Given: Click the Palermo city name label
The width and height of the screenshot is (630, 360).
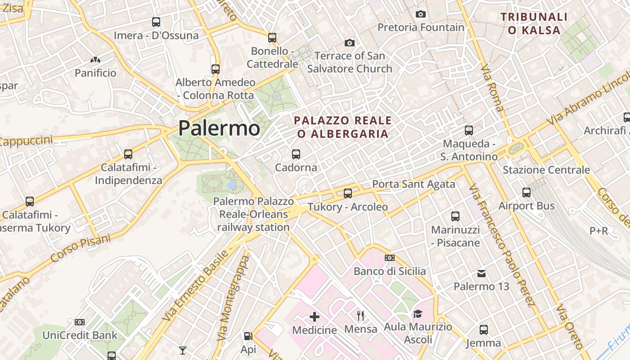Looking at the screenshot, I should (219, 128).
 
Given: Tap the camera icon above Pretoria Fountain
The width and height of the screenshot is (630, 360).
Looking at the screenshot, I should (421, 14).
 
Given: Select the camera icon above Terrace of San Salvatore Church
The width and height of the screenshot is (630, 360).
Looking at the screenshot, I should (350, 43).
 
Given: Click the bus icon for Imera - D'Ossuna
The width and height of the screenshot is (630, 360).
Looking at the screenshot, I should (156, 22).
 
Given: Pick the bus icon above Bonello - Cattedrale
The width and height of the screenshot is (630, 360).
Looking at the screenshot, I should (272, 38).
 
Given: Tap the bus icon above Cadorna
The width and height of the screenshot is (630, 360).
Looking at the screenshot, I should (296, 154).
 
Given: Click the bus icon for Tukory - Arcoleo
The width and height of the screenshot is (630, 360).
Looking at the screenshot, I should (348, 193).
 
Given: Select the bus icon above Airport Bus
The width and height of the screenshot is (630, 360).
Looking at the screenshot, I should (526, 193).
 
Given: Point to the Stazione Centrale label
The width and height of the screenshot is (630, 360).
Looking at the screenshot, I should (546, 170).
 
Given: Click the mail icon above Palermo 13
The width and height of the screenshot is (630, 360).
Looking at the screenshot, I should (481, 273).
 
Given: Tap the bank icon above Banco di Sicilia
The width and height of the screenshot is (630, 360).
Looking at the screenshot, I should (390, 258).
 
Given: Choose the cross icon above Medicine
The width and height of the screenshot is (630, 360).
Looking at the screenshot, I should (315, 317).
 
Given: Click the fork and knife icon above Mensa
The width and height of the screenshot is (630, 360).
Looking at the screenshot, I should (360, 315).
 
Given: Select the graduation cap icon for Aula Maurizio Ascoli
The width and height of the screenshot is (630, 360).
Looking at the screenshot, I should (418, 314).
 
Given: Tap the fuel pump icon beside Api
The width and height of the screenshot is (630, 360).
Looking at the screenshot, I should (248, 336).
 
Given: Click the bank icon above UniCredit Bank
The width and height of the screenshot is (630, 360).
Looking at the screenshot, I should (80, 322).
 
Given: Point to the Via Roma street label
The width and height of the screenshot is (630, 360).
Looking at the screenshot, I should (492, 88).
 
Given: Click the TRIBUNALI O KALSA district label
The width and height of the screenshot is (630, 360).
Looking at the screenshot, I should (534, 24).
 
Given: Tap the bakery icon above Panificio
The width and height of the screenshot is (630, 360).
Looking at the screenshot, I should (95, 59).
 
